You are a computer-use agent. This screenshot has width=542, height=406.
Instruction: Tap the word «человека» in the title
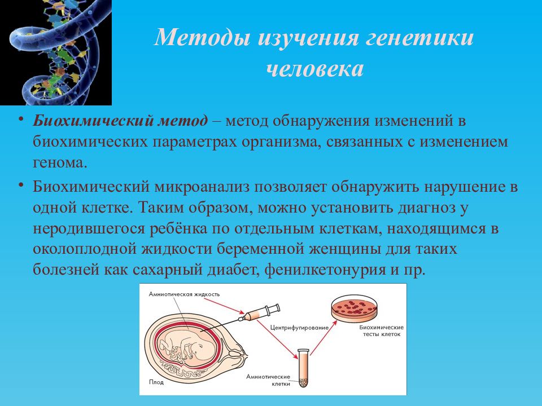pos(315,68)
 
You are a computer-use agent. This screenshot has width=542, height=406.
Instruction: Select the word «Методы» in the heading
pos(203,37)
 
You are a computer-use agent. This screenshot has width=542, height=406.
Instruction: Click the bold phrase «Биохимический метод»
pos(120,121)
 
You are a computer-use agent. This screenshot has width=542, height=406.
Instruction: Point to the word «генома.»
pos(60,162)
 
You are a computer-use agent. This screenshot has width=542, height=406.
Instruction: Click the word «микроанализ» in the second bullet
pos(202,187)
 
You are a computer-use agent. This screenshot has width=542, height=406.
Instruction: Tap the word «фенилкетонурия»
pos(325,270)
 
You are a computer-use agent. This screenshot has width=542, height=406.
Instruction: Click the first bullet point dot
pos(21,120)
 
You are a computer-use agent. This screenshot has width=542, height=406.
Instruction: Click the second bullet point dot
pos(21,186)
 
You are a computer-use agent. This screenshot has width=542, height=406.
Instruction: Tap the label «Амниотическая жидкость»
pos(184,294)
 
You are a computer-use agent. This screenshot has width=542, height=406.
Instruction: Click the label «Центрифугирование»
pos(299,328)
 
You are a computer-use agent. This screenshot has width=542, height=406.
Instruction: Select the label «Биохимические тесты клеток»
pos(381,331)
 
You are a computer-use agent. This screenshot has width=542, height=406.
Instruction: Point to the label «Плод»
pos(156,382)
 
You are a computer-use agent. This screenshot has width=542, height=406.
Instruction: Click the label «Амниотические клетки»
pos(268,380)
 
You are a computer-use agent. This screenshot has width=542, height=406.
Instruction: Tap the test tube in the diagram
pos(303,368)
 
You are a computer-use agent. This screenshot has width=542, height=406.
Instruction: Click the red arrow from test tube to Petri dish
pos(324,338)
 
